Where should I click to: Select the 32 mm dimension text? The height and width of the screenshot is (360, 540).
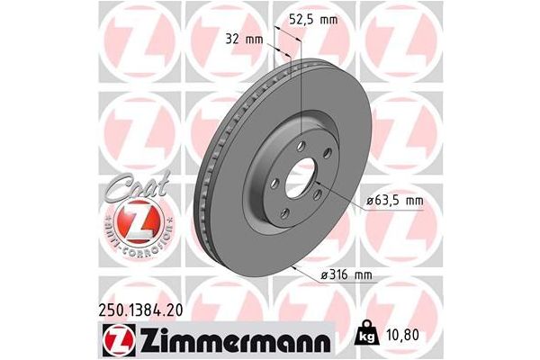point(245,40)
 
